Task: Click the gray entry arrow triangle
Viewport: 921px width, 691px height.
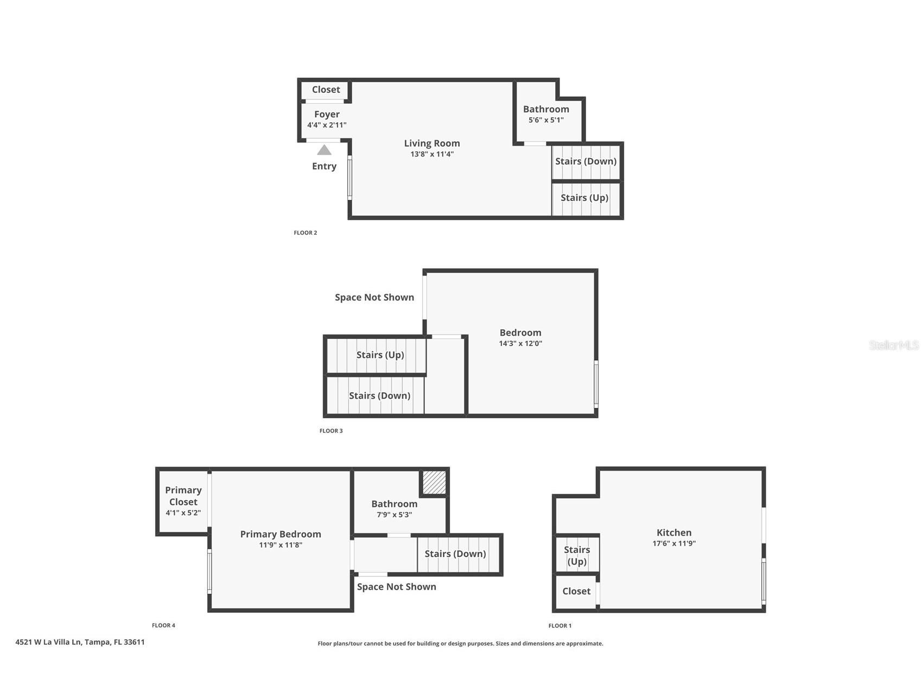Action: (324, 150)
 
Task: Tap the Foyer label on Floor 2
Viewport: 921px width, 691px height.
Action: (327, 114)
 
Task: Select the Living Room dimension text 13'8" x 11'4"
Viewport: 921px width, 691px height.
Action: (432, 154)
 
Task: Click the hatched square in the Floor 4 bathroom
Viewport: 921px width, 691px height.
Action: (434, 482)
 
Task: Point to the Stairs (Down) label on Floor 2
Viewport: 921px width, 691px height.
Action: (586, 161)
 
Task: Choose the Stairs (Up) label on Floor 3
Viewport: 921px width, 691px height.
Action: (380, 355)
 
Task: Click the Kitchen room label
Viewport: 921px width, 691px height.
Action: (674, 532)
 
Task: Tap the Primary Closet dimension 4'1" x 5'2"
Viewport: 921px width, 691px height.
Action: (183, 513)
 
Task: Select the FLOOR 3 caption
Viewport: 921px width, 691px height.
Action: (331, 431)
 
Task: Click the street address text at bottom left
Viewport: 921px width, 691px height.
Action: (80, 642)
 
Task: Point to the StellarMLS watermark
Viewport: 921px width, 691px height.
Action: (893, 345)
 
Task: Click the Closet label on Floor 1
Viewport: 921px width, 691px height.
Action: (576, 591)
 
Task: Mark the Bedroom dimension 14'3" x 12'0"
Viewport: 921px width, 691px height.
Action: (520, 343)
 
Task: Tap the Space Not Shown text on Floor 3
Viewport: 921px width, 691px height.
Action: (374, 297)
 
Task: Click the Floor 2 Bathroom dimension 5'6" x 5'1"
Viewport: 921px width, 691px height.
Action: (546, 120)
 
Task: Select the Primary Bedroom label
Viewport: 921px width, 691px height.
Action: (281, 534)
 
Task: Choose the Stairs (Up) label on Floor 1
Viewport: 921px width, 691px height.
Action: (577, 555)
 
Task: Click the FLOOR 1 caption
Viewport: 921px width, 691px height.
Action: (560, 626)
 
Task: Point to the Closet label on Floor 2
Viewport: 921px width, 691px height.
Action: (326, 90)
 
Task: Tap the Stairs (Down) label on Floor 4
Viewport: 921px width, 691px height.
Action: (455, 554)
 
